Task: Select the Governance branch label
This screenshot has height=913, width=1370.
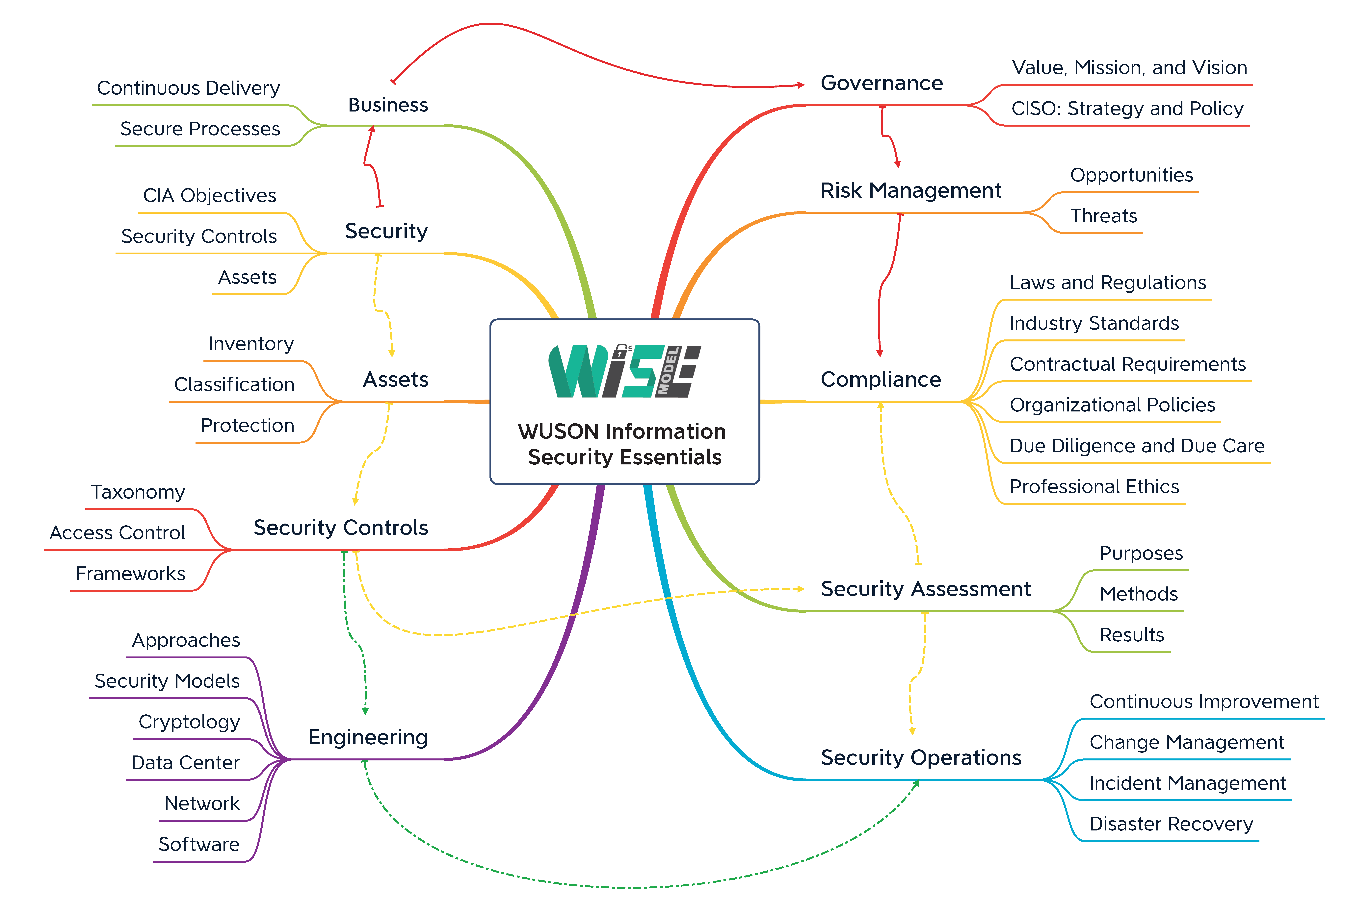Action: coord(881,83)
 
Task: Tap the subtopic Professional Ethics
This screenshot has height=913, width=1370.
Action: coord(1094,487)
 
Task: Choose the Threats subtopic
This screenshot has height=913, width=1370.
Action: coord(1103,216)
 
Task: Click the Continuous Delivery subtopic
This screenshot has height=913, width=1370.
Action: coord(188,88)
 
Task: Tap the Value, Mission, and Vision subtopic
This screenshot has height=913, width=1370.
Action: coord(1129,68)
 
